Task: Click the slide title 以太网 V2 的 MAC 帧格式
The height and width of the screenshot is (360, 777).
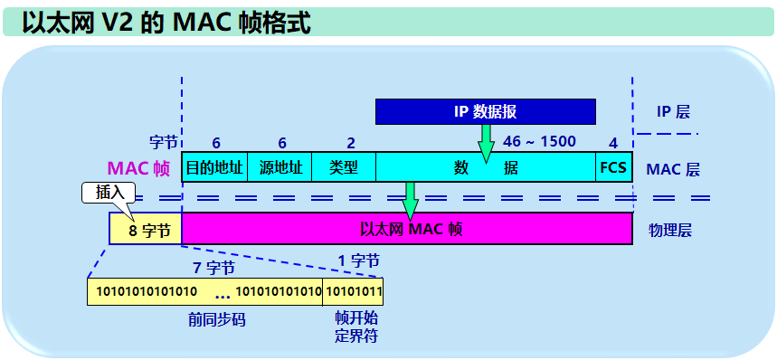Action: click(167, 23)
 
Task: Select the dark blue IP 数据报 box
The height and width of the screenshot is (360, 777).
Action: click(485, 111)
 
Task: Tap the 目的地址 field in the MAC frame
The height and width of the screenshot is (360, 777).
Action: click(214, 168)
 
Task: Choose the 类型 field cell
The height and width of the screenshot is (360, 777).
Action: click(343, 168)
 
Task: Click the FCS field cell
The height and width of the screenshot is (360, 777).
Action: click(613, 168)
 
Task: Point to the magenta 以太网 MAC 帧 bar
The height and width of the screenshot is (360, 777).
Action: click(406, 229)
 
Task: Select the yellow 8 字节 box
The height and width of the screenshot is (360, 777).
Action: click(145, 230)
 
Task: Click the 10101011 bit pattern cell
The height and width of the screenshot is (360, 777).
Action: click(353, 291)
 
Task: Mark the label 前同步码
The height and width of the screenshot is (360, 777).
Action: click(216, 320)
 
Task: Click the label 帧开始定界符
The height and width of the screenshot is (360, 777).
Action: click(355, 327)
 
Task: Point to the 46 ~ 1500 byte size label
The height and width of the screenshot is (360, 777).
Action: click(538, 142)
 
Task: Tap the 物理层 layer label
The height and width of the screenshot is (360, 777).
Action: click(669, 230)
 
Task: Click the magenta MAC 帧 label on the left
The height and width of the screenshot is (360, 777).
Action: click(138, 168)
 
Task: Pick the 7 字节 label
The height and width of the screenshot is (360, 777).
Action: click(214, 268)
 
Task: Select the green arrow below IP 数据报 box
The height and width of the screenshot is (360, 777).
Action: click(486, 140)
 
